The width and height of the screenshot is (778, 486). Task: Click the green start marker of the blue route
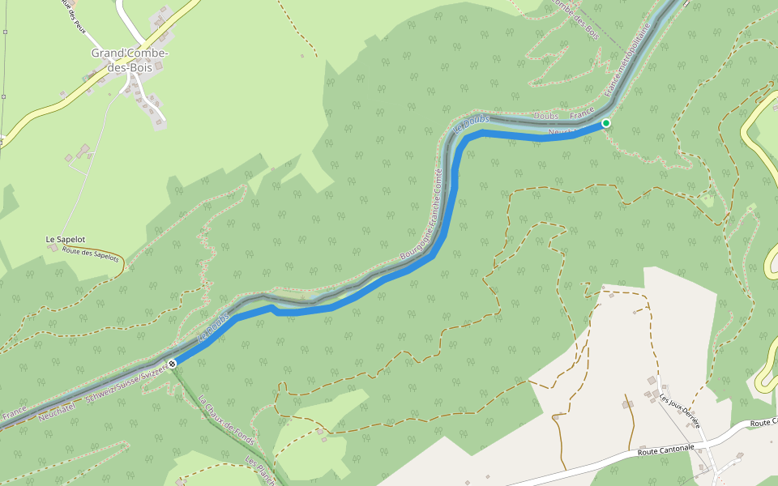coord(605,123)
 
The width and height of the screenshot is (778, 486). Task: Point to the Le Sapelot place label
coord(66,240)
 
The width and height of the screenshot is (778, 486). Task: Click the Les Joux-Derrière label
coord(679,406)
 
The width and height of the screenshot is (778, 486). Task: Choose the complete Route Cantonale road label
coord(667,448)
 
